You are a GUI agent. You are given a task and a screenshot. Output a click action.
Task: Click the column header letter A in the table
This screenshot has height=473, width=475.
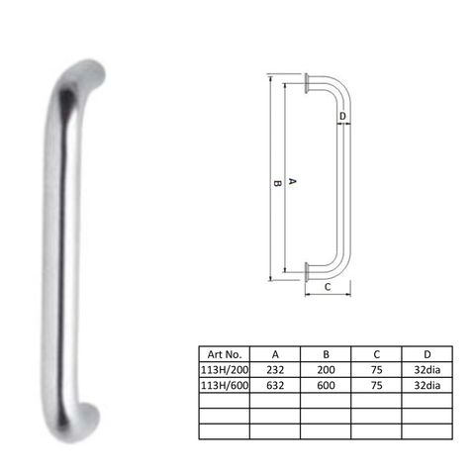pyautogui.click(x=274, y=352)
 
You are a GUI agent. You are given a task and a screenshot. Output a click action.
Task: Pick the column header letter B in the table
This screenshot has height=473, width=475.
pyautogui.click(x=326, y=352)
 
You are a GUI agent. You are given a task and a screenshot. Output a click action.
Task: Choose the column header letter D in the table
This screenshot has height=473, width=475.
pyautogui.click(x=427, y=352)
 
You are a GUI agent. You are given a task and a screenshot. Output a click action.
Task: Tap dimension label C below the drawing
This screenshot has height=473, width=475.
pyautogui.click(x=328, y=287)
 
